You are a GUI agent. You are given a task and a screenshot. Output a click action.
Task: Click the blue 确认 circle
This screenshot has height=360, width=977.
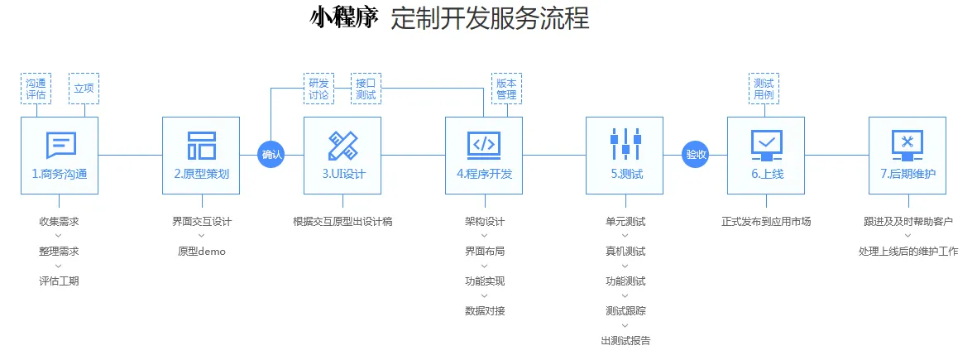pos(271,154)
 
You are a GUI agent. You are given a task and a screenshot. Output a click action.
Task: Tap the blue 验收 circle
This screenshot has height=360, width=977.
pos(696,154)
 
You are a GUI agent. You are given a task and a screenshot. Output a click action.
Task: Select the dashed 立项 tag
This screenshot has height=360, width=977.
pos(84,89)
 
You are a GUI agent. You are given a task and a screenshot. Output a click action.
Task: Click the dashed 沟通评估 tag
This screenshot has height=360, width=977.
pos(36,89)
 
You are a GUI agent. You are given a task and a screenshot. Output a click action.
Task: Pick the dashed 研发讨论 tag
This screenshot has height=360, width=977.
pos(318,89)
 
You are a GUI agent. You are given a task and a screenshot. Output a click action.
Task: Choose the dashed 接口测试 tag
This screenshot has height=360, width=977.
pos(366,89)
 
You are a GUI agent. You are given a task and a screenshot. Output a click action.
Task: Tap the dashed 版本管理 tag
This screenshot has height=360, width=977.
pos(506,89)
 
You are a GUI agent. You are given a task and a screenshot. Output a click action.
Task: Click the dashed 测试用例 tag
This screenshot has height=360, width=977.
pos(764,89)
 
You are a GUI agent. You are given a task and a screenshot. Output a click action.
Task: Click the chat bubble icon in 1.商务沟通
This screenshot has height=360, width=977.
pos(60,146)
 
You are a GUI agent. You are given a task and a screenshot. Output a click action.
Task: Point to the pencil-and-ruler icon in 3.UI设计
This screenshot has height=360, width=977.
pos(342,146)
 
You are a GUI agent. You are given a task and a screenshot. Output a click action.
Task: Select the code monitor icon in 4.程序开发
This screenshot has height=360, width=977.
pos(483,144)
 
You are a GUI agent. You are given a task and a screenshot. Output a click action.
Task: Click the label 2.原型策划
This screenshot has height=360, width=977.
pos(201,175)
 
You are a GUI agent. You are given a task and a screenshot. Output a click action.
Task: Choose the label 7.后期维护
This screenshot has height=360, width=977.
pos(908,175)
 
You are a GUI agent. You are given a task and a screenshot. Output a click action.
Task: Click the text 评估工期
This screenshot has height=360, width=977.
pos(59,281)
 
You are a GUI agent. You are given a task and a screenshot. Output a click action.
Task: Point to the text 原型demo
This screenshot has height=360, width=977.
pos(201,251)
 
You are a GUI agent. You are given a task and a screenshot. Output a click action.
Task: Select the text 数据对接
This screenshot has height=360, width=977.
pos(485,310)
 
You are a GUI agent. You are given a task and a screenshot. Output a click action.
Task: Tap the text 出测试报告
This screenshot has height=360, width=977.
pos(626,340)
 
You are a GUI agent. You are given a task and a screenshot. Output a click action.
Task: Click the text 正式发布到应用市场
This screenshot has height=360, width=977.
pos(766,221)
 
